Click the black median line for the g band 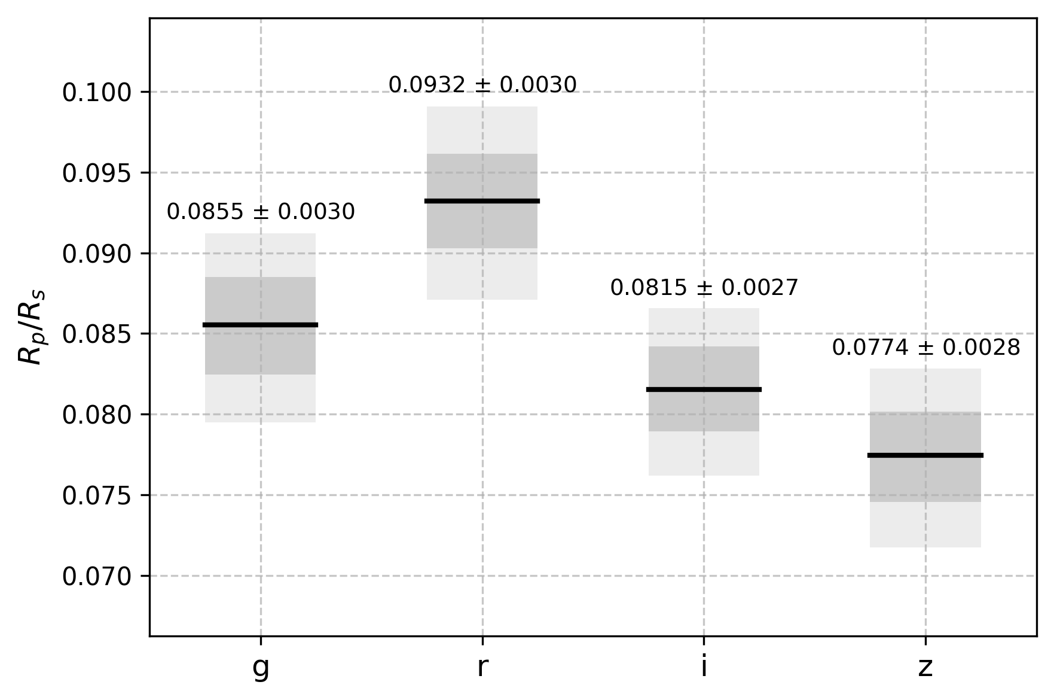pyautogui.click(x=260, y=325)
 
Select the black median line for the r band pyautogui.click(x=482, y=201)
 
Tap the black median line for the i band pyautogui.click(x=704, y=389)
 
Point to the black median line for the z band pyautogui.click(x=925, y=455)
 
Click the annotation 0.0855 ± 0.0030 pyautogui.click(x=261, y=212)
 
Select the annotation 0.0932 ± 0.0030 pyautogui.click(x=482, y=85)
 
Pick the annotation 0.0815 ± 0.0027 pyautogui.click(x=704, y=288)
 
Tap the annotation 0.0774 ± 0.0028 pyautogui.click(x=926, y=348)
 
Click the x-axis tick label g pyautogui.click(x=261, y=668)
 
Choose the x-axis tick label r pyautogui.click(x=482, y=666)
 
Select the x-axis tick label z pyautogui.click(x=925, y=667)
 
